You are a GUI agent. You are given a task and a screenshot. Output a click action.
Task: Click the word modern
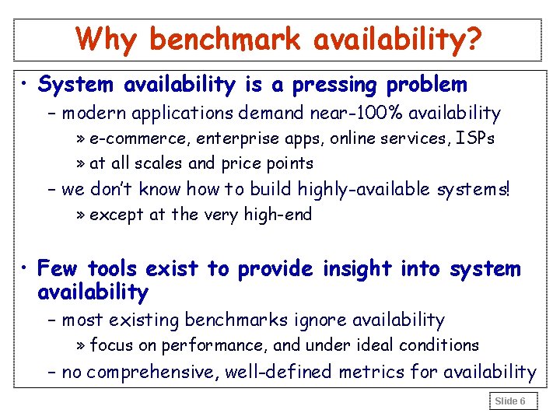95,114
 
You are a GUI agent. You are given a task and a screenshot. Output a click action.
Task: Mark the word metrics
376,373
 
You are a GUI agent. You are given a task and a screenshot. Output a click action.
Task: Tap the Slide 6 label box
511,401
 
